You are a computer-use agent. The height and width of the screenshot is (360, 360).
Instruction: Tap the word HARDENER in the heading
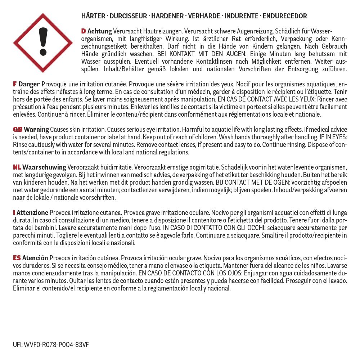(167, 16)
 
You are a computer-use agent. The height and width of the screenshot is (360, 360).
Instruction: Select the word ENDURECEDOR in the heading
(285, 16)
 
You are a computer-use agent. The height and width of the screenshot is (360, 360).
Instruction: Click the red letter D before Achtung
(84, 31)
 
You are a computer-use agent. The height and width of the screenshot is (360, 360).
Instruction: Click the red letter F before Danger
(14, 84)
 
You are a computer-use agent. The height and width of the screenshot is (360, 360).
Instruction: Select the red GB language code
(18, 129)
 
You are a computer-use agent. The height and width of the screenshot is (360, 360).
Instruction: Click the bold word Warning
(36, 129)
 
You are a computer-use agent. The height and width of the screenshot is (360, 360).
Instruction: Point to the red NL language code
(17, 167)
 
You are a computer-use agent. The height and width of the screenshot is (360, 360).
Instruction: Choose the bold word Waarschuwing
(44, 167)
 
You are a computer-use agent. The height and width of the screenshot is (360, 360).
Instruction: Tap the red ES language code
(17, 258)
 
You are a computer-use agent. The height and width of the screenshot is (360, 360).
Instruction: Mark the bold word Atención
(35, 258)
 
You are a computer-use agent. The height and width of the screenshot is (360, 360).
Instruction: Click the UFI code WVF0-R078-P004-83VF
(57, 345)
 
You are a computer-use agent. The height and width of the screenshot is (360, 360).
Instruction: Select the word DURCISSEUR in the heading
(129, 16)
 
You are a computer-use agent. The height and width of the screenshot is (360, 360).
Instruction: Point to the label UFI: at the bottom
(17, 345)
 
